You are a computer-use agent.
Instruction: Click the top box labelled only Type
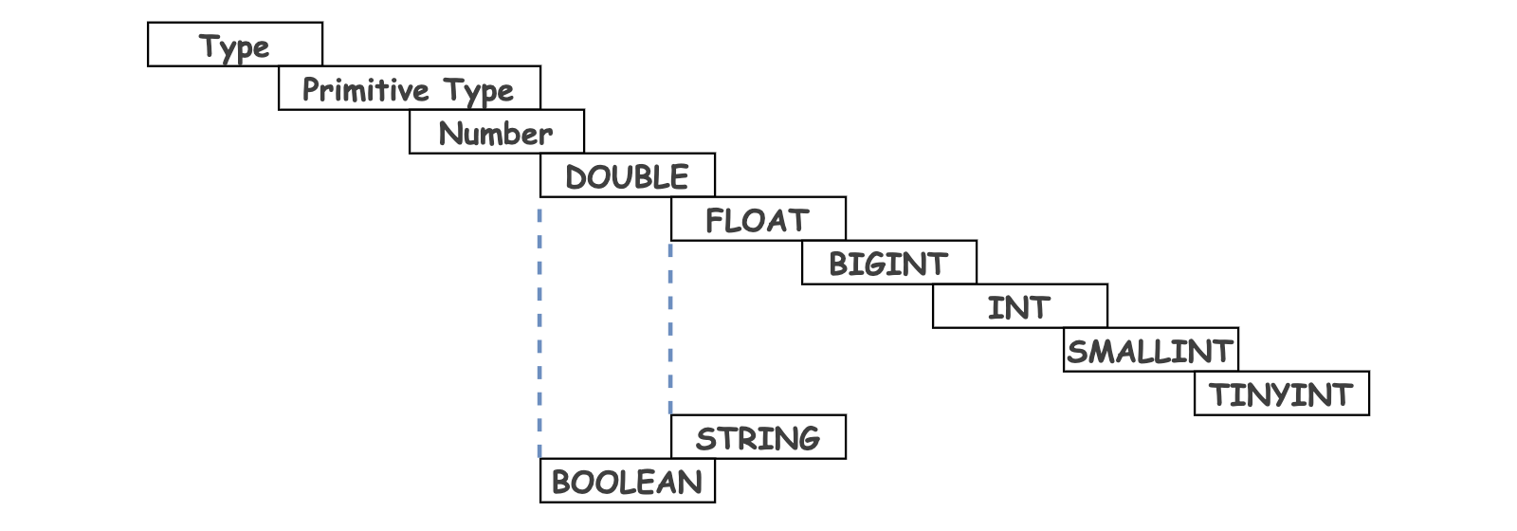pos(235,44)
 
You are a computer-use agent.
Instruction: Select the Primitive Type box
pos(409,87)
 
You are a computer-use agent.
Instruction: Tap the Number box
pos(497,132)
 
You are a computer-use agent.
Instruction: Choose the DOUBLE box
pos(627,174)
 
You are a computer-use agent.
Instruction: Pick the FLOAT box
pos(758,219)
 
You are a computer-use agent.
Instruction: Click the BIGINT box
pos(889,262)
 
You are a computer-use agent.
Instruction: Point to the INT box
pos(1020,306)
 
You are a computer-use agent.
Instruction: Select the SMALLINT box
pos(1151,350)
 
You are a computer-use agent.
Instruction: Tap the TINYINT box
pos(1282,393)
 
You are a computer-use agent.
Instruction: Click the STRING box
pos(758,437)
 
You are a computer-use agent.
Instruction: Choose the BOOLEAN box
pos(627,480)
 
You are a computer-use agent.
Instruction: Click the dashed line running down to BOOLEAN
pos(539,333)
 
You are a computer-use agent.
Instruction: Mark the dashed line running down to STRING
pos(670,328)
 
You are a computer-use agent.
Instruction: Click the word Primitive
pos(366,89)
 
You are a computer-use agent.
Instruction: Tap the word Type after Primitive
pos(479,91)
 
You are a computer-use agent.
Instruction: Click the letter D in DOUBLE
pos(576,177)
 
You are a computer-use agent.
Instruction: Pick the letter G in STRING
pos(807,439)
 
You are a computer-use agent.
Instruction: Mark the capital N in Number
pos(450,134)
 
